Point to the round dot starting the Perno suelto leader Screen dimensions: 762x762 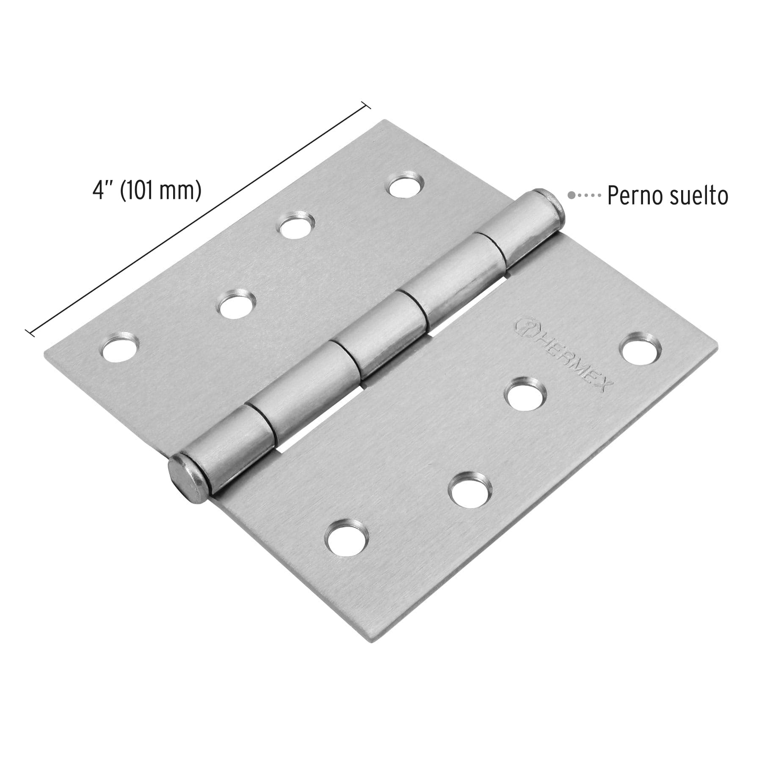point(571,195)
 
